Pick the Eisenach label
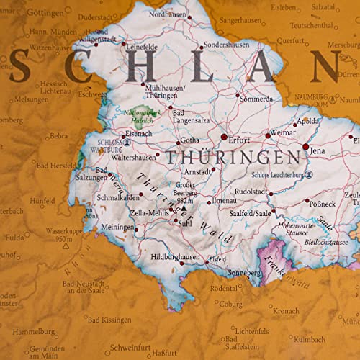point(139,133)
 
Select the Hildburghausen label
point(175,257)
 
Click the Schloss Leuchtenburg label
point(279,174)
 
